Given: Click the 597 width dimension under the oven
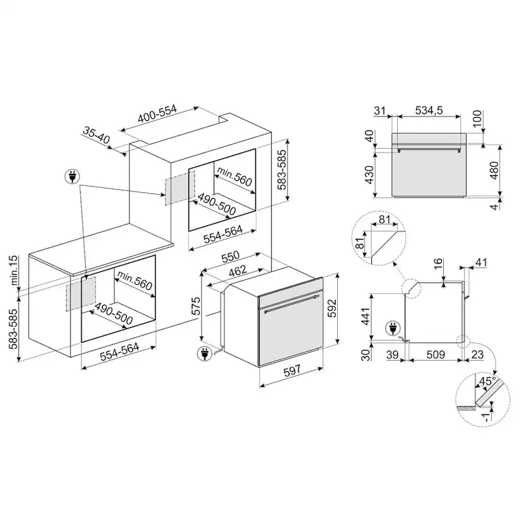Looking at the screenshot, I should [291, 373].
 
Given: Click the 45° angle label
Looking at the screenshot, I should [485, 382].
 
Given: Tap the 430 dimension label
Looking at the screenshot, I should [371, 174].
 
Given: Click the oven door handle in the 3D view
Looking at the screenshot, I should [291, 306].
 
